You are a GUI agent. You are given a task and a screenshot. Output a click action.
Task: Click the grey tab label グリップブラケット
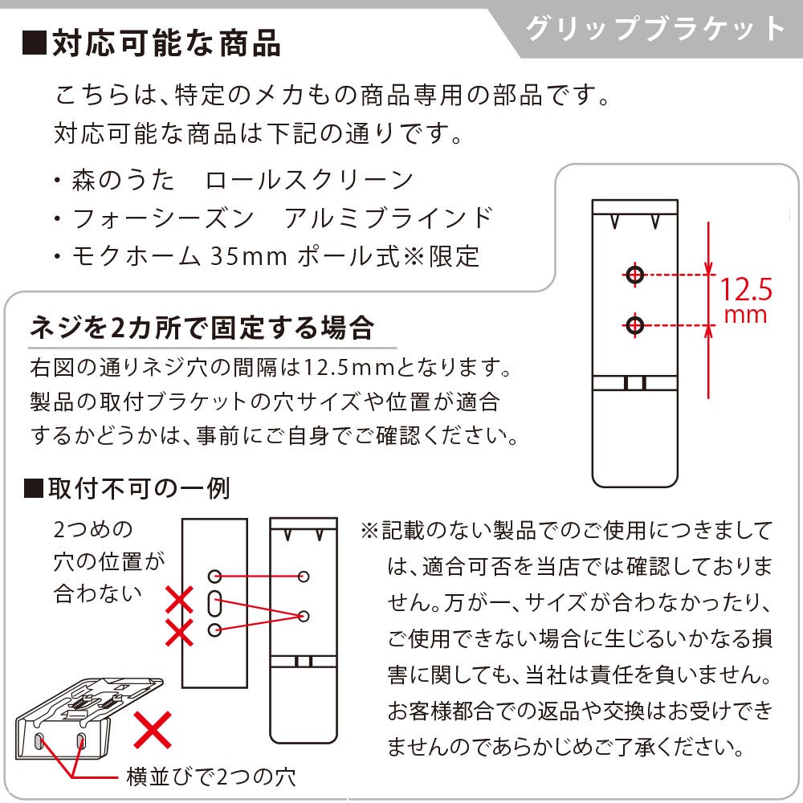[655, 28]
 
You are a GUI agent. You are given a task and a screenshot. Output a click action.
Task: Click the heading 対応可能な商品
[166, 43]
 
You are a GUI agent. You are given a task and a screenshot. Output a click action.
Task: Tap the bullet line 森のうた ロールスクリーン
[243, 180]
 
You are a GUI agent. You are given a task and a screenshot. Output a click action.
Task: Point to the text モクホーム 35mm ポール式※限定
[275, 256]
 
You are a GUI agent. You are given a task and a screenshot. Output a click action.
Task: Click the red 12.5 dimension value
[746, 289]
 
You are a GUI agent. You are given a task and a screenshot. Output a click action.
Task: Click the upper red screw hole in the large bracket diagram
[635, 275]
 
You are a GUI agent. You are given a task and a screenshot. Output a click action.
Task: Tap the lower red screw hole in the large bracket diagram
[635, 324]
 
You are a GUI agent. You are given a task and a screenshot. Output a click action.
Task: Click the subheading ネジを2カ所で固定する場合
[202, 328]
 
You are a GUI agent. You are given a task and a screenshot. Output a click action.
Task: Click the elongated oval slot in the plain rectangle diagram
[214, 603]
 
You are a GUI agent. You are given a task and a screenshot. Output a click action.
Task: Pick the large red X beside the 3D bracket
[153, 729]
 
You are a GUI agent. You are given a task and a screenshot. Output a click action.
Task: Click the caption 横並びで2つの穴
[211, 777]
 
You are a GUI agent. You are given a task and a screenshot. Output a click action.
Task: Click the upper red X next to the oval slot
[179, 600]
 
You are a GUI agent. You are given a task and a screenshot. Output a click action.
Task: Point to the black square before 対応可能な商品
[35, 43]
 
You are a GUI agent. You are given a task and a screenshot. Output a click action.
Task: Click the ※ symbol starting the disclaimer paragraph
[369, 531]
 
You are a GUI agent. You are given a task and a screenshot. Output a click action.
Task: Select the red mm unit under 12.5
[746, 315]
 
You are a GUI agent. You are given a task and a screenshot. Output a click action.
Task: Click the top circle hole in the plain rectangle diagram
[214, 576]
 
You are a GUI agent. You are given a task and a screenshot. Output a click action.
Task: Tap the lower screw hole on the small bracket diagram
[304, 616]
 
